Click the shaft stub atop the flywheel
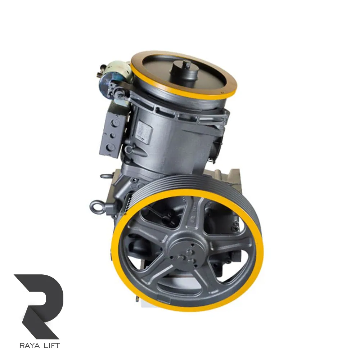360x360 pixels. (184, 70)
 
